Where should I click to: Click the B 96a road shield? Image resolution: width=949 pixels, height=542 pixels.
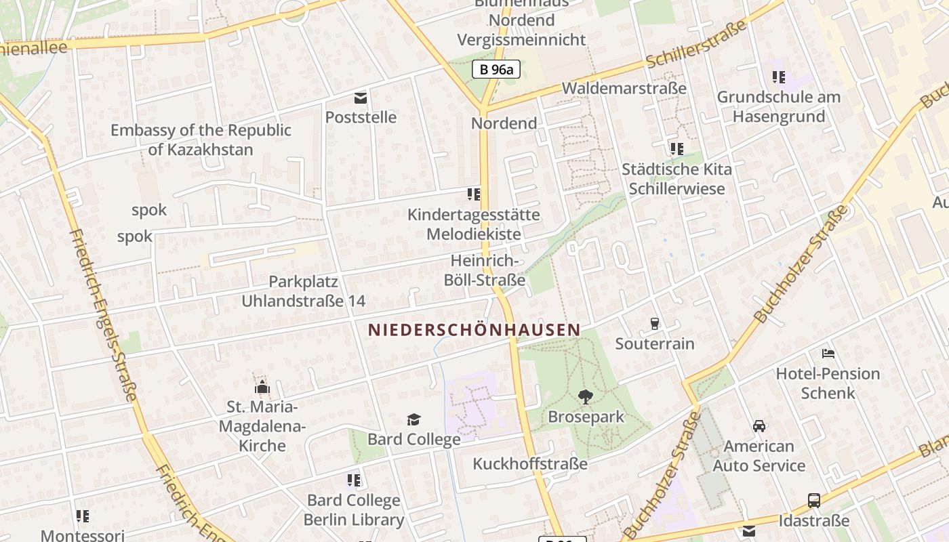tap(496, 68)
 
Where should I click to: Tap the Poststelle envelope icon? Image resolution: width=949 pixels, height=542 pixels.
tap(360, 98)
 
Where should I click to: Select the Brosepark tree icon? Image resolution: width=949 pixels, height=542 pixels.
tap(586, 397)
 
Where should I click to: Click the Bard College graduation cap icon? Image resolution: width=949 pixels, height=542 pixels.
tap(413, 420)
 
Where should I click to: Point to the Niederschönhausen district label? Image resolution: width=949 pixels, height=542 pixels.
tap(474, 330)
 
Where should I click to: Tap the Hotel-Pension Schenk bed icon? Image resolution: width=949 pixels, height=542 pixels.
tap(828, 353)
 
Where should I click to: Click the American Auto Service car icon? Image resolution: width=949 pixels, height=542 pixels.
tap(759, 426)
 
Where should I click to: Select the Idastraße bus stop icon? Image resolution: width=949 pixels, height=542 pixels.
tap(814, 501)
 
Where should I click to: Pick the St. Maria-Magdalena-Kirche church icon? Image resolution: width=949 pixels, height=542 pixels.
tap(262, 388)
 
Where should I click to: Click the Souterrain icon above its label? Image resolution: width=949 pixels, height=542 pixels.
tap(655, 324)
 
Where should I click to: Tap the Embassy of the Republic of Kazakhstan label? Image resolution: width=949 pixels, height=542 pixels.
tap(201, 140)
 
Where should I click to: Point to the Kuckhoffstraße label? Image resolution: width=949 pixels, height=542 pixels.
tap(530, 464)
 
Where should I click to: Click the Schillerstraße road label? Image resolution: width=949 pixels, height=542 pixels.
tap(696, 45)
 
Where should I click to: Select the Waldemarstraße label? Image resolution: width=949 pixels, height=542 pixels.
tap(624, 89)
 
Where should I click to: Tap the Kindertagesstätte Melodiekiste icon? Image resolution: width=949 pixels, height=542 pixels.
tap(474, 194)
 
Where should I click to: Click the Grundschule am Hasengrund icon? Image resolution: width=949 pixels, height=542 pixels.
tap(778, 77)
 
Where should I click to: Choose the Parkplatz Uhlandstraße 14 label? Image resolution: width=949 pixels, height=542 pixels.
tap(304, 291)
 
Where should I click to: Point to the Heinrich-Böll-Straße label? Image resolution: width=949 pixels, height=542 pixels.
tap(488, 270)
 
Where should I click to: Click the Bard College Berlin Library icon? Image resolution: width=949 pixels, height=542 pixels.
tap(353, 480)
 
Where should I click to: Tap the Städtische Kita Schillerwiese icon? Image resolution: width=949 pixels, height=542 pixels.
tap(677, 148)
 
